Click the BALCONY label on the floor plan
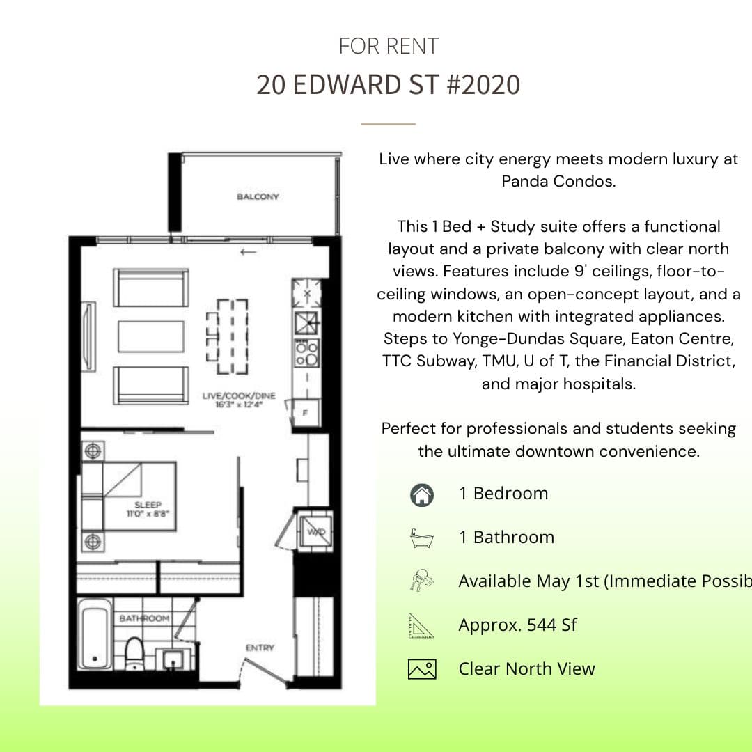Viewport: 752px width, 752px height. click(x=258, y=197)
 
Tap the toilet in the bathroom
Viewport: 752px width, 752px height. click(x=134, y=652)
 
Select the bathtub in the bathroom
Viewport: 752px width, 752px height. click(x=94, y=634)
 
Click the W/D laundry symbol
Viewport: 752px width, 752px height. click(x=316, y=532)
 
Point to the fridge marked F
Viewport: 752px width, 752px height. click(x=305, y=412)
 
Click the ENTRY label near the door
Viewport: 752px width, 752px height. click(x=260, y=648)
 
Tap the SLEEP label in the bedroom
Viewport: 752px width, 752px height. click(x=148, y=505)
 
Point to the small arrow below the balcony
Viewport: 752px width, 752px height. click(x=247, y=251)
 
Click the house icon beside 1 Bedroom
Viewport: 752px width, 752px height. click(x=422, y=494)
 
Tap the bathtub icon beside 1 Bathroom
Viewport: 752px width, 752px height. click(x=422, y=538)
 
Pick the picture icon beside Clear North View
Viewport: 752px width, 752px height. click(x=422, y=669)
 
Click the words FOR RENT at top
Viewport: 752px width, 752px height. click(x=389, y=47)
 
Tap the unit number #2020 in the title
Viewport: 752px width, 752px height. click(x=480, y=85)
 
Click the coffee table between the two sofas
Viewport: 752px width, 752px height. click(x=151, y=336)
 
